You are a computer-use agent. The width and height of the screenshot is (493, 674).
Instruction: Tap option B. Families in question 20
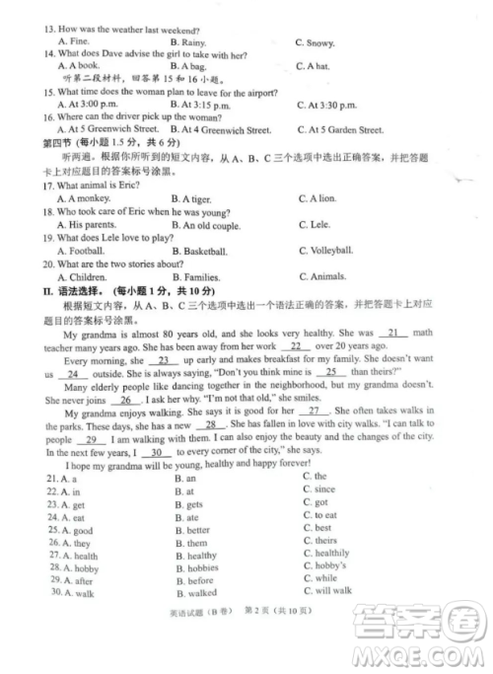[x=201, y=277]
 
